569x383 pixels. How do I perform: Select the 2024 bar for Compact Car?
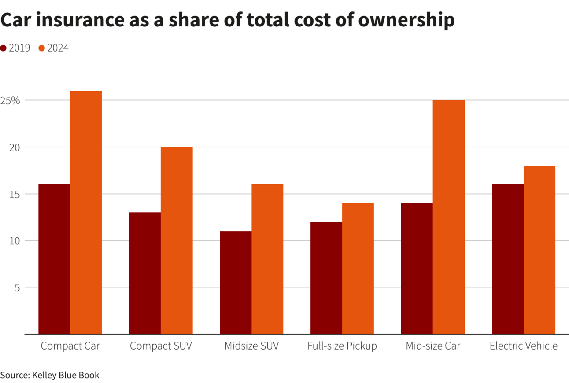pyautogui.click(x=86, y=212)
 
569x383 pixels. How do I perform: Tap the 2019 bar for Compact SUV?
pyautogui.click(x=145, y=273)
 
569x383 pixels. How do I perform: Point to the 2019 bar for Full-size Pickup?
pyautogui.click(x=326, y=278)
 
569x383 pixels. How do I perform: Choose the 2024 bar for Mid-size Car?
pyautogui.click(x=449, y=217)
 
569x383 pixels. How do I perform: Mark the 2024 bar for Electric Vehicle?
pyautogui.click(x=539, y=250)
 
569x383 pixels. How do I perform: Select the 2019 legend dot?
pyautogui.click(x=4, y=48)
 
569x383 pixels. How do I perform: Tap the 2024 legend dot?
pyautogui.click(x=42, y=48)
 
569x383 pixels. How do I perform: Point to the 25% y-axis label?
pyautogui.click(x=10, y=100)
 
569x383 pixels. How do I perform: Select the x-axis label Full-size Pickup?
pyautogui.click(x=342, y=346)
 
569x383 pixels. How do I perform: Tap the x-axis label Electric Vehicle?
pyautogui.click(x=524, y=346)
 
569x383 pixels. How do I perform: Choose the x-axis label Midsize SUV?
pyautogui.click(x=251, y=346)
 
